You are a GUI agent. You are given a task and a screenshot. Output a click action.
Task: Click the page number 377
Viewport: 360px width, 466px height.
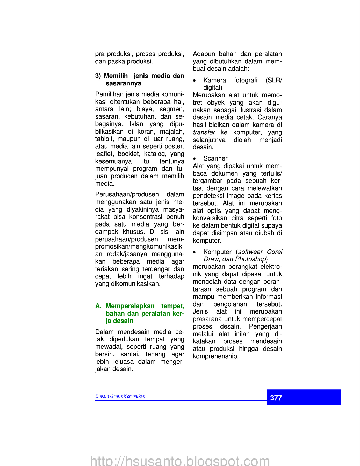pyautogui.click(x=276, y=398)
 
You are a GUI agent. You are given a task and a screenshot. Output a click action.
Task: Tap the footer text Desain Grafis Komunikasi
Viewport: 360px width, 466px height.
pyautogui.click(x=120, y=396)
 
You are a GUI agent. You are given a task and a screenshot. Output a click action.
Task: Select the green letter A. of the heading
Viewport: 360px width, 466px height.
pyautogui.click(x=98, y=306)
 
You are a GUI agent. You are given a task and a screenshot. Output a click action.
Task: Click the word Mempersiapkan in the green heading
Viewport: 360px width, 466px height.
pyautogui.click(x=130, y=306)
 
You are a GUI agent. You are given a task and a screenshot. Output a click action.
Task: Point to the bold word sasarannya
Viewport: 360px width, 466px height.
pyautogui.click(x=123, y=83)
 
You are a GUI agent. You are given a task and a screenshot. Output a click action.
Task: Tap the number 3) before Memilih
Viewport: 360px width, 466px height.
pyautogui.click(x=98, y=76)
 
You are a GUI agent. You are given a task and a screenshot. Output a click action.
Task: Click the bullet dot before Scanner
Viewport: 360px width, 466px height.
pyautogui.click(x=194, y=159)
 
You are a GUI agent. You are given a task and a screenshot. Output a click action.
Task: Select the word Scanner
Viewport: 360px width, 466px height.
pyautogui.click(x=215, y=158)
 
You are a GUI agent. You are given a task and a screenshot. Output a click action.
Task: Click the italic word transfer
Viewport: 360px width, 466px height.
pyautogui.click(x=204, y=132)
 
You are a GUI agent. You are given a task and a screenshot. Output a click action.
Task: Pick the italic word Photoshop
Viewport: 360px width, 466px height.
pyautogui.click(x=250, y=259)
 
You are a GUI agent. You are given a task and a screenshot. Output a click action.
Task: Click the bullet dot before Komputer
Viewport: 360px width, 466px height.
pyautogui.click(x=194, y=252)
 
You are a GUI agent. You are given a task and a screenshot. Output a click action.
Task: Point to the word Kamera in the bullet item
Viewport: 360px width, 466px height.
pyautogui.click(x=214, y=80)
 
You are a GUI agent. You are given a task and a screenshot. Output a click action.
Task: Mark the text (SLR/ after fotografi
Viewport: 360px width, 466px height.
pyautogui.click(x=274, y=80)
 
